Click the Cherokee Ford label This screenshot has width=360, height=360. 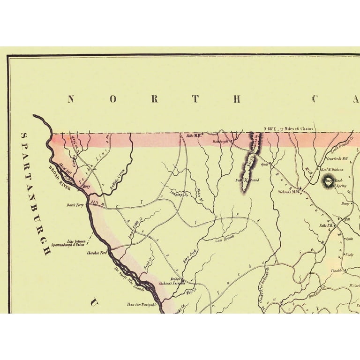[x=97, y=253]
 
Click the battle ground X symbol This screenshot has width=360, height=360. [x=247, y=180]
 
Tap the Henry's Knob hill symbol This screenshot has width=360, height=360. [x=327, y=182]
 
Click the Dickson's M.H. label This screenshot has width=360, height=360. [x=289, y=192]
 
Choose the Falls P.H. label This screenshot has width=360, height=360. [x=326, y=225]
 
